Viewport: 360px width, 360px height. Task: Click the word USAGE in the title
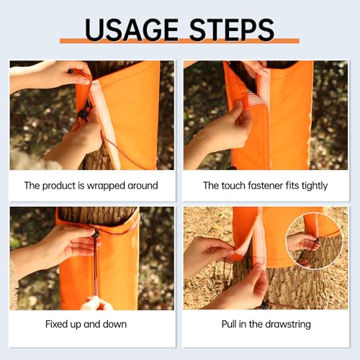click(131, 30)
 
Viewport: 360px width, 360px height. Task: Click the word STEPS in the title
click(232, 30)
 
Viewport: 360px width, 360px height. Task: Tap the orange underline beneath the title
click(179, 41)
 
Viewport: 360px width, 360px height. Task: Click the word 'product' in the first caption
click(59, 186)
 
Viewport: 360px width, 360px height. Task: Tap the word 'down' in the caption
click(114, 324)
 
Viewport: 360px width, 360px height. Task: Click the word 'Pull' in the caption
click(229, 324)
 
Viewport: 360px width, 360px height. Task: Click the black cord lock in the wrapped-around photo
click(84, 113)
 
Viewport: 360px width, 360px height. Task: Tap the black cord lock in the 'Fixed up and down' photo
click(95, 233)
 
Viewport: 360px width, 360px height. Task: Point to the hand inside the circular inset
click(304, 242)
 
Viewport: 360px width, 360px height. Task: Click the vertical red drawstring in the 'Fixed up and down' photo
click(95, 266)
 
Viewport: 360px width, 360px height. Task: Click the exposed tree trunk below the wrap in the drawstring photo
click(288, 288)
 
